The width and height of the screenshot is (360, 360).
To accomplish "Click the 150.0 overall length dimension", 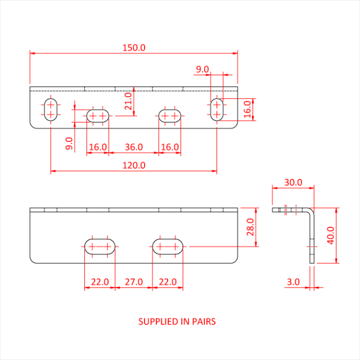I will pyautogui.click(x=134, y=47).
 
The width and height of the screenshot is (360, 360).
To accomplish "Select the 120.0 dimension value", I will pyautogui.click(x=134, y=166).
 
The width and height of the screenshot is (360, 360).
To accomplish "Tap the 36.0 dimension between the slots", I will pyautogui.click(x=134, y=147).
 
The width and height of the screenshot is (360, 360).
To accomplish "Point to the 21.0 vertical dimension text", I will pyautogui.click(x=129, y=101).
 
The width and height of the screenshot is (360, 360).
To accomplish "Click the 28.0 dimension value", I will pyautogui.click(x=250, y=227).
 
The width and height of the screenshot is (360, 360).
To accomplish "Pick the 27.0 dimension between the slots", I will pyautogui.click(x=134, y=282).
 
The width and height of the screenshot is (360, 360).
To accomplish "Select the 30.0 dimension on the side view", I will pyautogui.click(x=293, y=183).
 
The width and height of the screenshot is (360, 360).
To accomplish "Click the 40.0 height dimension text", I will pyautogui.click(x=331, y=236).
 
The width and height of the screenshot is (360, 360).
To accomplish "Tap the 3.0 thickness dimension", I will pyautogui.click(x=293, y=282).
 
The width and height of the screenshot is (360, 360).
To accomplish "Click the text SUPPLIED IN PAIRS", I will pyautogui.click(x=177, y=322).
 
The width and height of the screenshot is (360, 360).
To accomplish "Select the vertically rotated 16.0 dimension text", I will pyautogui.click(x=247, y=109).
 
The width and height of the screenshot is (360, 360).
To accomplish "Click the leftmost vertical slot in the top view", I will pyautogui.click(x=50, y=109).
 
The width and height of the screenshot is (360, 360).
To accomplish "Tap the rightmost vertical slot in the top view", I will pyautogui.click(x=217, y=109).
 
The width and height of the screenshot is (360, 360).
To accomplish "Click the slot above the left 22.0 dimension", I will pyautogui.click(x=100, y=246).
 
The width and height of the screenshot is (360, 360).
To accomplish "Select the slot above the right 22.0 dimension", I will pyautogui.click(x=168, y=246).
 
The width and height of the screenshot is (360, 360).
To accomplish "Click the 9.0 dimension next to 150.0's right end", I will pyautogui.click(x=202, y=69).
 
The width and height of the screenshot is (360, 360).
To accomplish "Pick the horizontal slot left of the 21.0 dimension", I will pyautogui.click(x=98, y=116).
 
